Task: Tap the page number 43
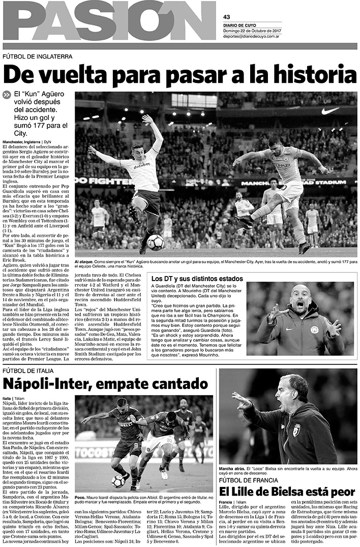(227, 17)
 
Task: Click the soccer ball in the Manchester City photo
(155, 242)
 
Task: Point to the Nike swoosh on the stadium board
(330, 110)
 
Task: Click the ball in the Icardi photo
(118, 480)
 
